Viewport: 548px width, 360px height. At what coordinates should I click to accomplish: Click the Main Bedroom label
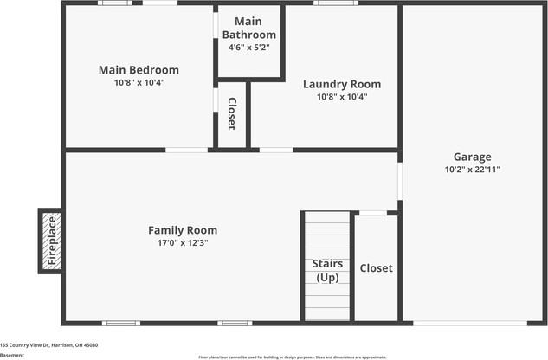[139, 70]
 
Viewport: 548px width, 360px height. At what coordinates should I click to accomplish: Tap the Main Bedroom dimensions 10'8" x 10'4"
[139, 82]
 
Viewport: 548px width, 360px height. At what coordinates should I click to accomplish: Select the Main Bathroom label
[248, 28]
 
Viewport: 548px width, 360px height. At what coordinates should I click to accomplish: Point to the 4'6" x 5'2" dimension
[248, 47]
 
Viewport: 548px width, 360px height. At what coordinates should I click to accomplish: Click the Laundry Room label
[341, 84]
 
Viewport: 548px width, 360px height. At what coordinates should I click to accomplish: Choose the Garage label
[472, 157]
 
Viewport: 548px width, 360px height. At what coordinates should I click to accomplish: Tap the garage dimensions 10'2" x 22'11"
[472, 170]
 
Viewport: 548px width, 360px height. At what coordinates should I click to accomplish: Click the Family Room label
[182, 230]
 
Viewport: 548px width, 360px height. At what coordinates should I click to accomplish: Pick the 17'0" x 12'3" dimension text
[182, 243]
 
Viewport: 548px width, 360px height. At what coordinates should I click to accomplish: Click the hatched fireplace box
[51, 241]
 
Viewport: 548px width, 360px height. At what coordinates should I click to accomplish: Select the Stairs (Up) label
[327, 270]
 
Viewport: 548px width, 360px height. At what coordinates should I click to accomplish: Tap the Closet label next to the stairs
[376, 268]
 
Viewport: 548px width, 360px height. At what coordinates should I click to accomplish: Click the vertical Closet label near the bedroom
[232, 114]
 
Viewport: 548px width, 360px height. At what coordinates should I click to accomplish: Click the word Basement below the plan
[12, 355]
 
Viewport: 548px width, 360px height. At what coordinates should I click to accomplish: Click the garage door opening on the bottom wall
[469, 324]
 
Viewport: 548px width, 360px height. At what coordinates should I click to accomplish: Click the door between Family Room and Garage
[400, 181]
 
